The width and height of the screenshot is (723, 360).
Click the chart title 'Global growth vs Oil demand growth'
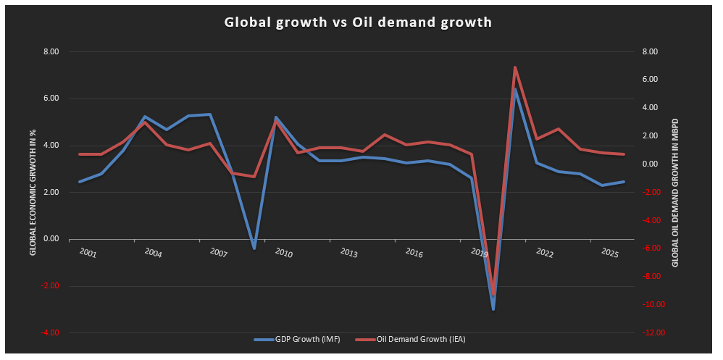click(x=358, y=22)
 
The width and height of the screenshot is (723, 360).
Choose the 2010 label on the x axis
click(x=283, y=254)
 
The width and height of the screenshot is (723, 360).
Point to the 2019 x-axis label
click(x=480, y=252)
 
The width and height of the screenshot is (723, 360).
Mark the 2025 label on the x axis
click(x=610, y=254)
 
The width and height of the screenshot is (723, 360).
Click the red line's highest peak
click(x=514, y=67)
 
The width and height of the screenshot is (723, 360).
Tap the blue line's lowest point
click(x=493, y=309)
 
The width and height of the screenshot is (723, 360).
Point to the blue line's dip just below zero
click(x=254, y=248)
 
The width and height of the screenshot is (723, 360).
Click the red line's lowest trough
click(x=493, y=294)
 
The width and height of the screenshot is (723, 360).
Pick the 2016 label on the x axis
click(x=414, y=254)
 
